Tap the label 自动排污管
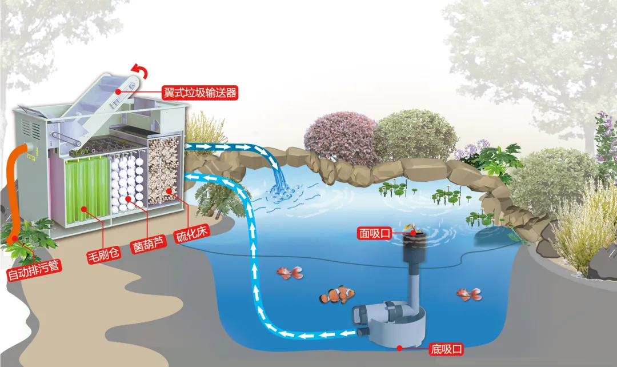click(x=34, y=273)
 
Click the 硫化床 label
click(x=189, y=236)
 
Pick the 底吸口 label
click(x=445, y=348)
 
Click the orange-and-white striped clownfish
click(x=337, y=295)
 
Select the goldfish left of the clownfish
click(x=287, y=272)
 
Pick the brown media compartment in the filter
click(x=165, y=171)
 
